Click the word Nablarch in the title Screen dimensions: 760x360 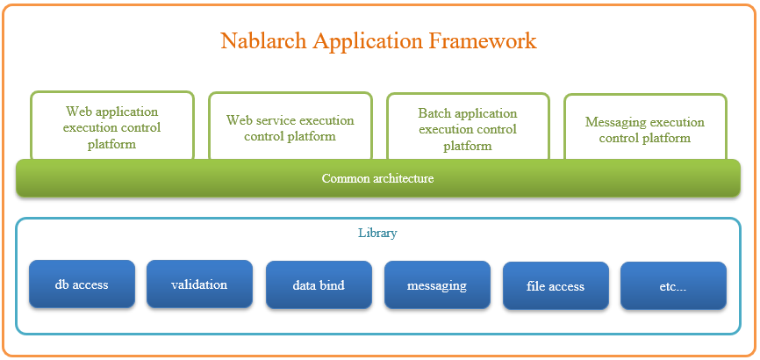point(263,40)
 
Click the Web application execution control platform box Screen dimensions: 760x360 point(112,126)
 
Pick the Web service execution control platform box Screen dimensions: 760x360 point(290,126)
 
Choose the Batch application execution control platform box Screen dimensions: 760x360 point(469,126)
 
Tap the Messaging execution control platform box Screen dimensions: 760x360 point(646,127)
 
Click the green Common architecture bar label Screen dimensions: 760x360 point(377,178)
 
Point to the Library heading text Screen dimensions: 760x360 point(377,234)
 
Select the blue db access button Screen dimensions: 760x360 point(82,284)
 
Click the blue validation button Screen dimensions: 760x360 point(200,284)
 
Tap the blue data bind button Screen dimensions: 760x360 point(319,285)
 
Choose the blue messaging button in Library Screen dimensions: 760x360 point(437,285)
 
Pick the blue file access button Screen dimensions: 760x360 point(556,285)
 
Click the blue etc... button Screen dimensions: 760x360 point(673,285)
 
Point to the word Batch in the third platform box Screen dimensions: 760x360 point(434,113)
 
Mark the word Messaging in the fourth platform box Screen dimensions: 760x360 point(613,123)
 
